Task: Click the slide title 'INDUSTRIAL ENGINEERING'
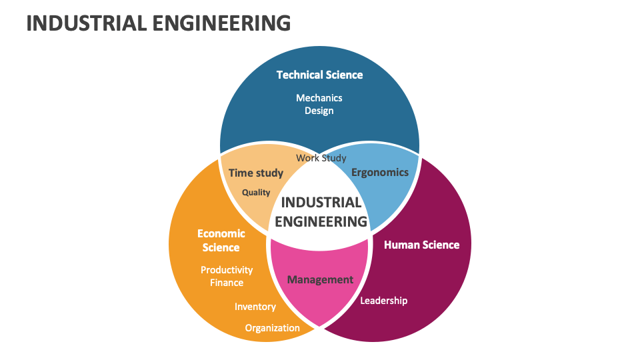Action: (158, 23)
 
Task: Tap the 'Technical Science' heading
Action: (319, 75)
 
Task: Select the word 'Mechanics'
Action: (319, 98)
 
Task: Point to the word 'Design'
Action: (319, 111)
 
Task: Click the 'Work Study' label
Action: (321, 158)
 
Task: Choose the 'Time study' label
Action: (256, 173)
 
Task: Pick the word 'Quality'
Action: (256, 193)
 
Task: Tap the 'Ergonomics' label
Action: (380, 172)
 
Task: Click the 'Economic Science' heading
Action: (221, 241)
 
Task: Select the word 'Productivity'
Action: (227, 270)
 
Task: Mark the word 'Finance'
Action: (227, 283)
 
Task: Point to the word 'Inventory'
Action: (255, 307)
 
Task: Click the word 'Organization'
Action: (273, 328)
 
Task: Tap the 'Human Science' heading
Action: (421, 245)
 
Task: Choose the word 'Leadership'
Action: (383, 301)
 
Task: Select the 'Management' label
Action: (320, 279)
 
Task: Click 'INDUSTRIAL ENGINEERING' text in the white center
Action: (321, 211)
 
